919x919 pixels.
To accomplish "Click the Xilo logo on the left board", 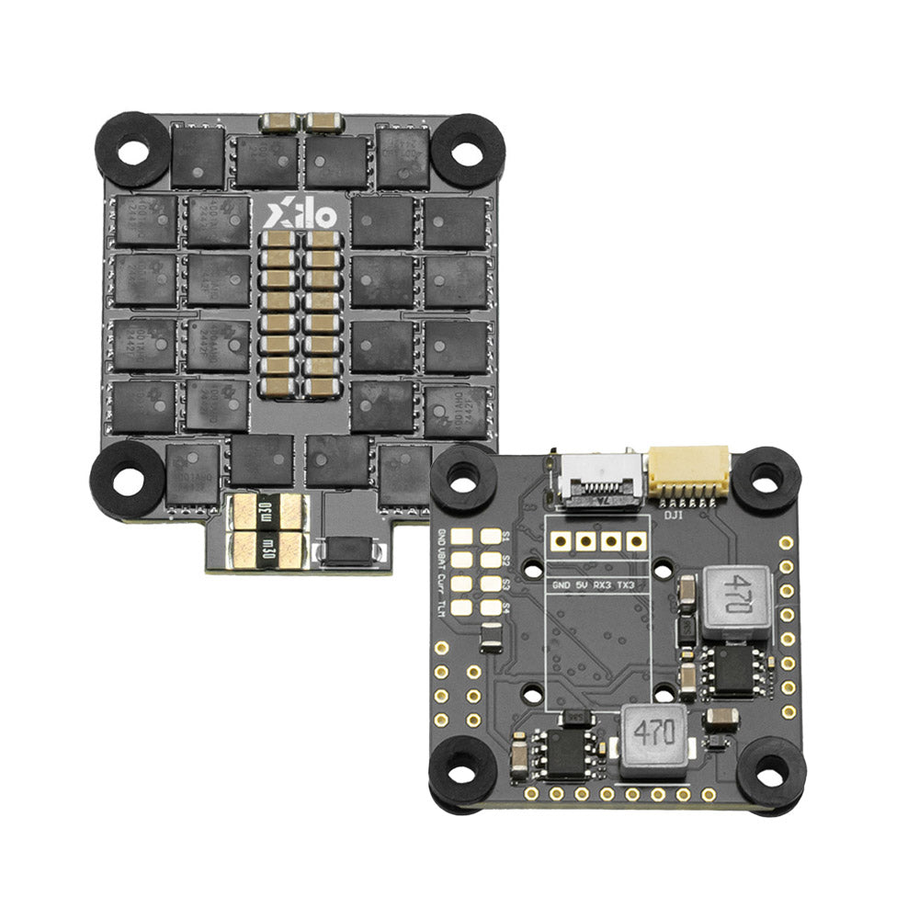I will [301, 215].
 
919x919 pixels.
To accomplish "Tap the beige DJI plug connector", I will [688, 469].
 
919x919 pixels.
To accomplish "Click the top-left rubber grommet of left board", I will [134, 150].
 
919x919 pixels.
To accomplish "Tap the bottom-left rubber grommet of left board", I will [127, 479].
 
